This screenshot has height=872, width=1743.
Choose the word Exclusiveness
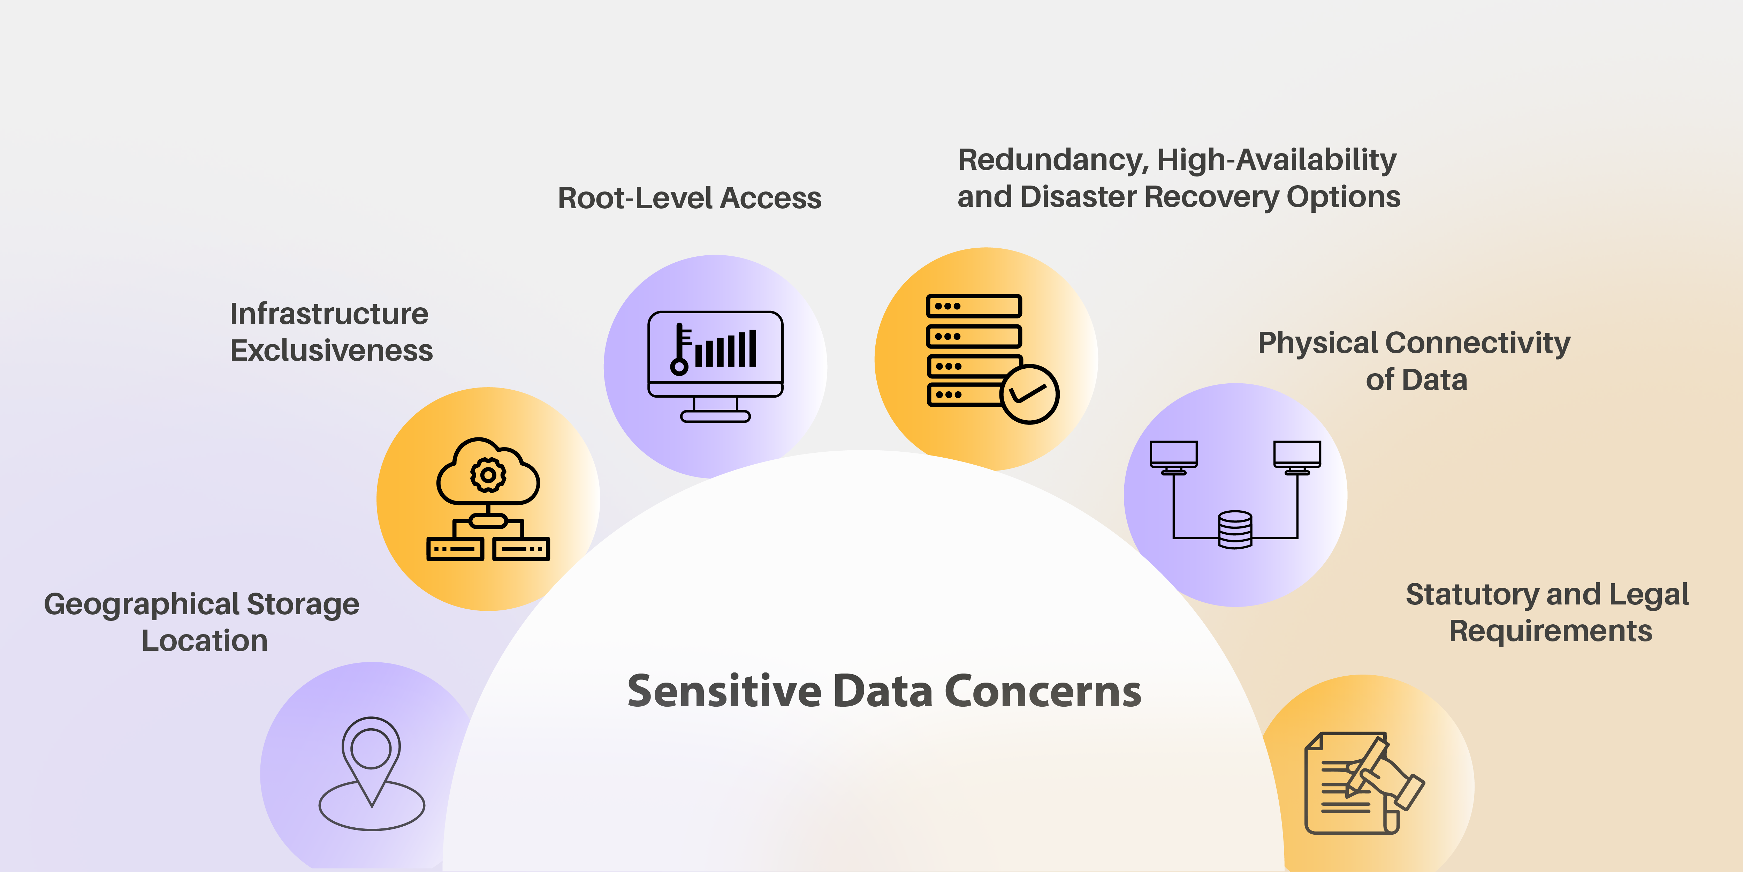click(x=331, y=351)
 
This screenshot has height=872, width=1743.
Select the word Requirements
click(x=1550, y=631)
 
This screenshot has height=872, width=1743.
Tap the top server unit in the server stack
click(x=974, y=306)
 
